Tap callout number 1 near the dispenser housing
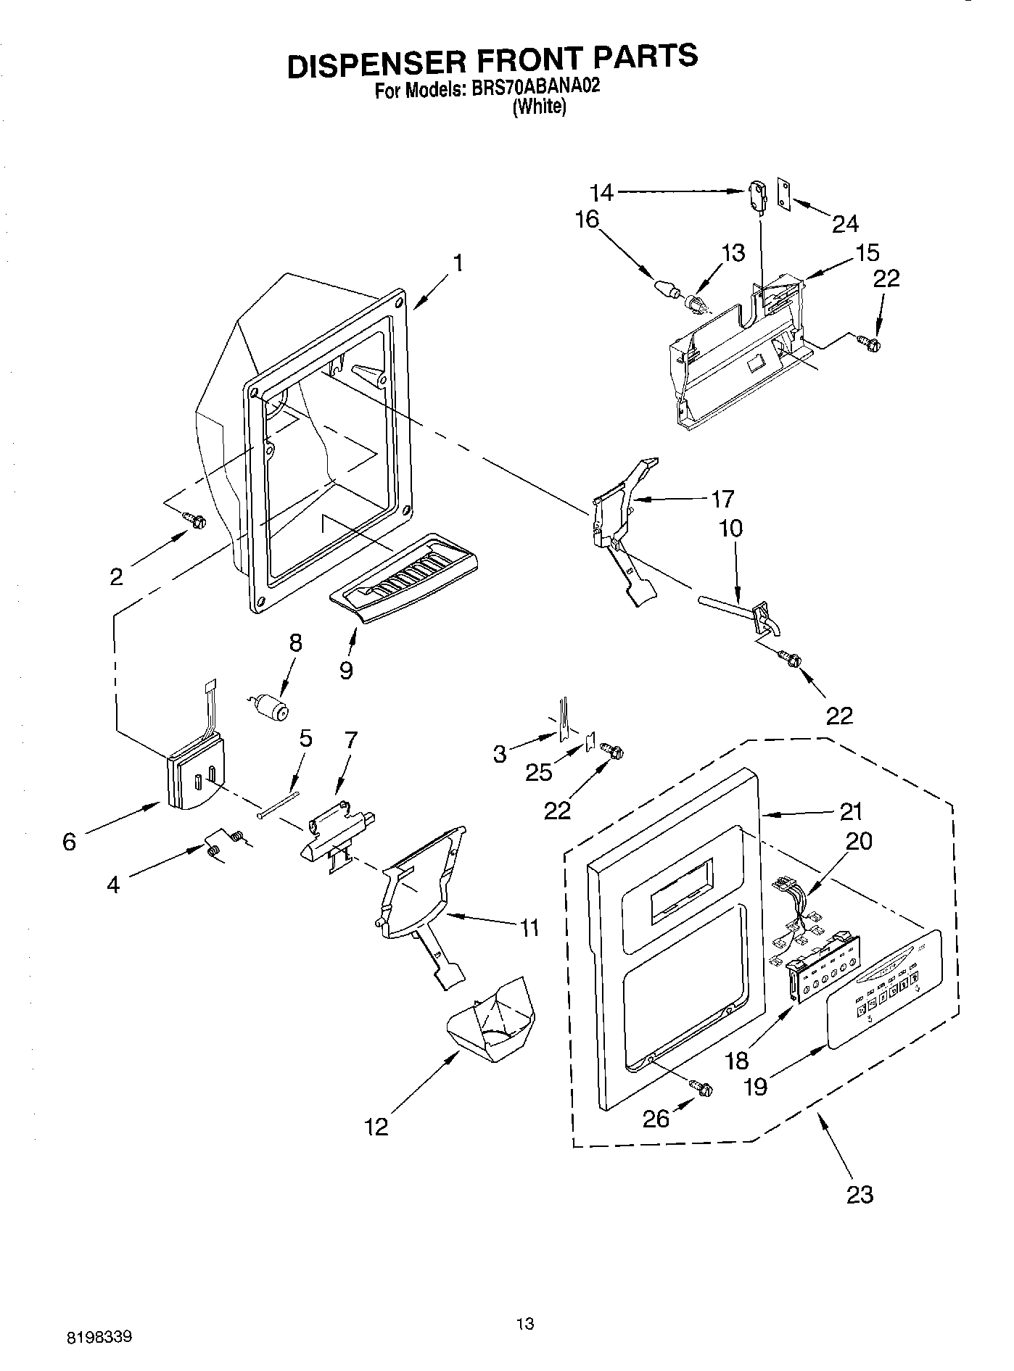point(458,262)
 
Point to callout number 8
point(295,643)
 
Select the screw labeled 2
point(194,519)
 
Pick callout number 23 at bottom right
point(860,1194)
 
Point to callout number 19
point(756,1085)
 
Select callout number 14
point(601,193)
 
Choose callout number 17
point(722,499)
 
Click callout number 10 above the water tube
point(731,528)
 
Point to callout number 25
point(539,773)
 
